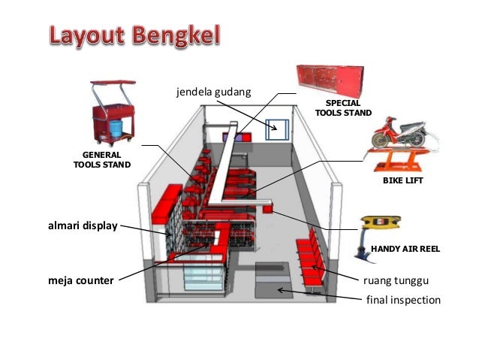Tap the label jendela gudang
pos(213,92)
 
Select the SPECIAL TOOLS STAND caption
pos(343,107)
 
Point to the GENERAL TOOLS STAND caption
pos(102,159)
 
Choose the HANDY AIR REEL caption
pos(405,247)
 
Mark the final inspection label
pos(402,300)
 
